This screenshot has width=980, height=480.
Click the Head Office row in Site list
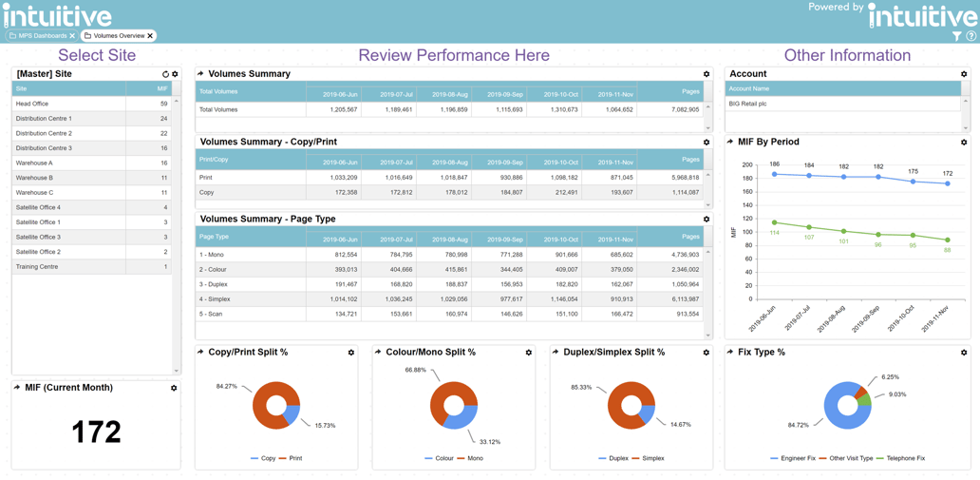tap(32, 104)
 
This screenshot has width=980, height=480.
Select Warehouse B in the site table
tap(34, 178)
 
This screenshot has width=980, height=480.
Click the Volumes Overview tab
tap(119, 36)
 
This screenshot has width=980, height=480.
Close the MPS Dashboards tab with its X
tap(72, 36)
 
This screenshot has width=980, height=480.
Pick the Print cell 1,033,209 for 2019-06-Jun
tap(341, 178)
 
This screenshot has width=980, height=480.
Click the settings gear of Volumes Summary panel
tap(707, 74)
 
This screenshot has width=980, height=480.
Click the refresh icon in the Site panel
tap(165, 74)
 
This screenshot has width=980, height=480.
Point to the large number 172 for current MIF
tap(96, 432)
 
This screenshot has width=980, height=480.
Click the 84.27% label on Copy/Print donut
tap(227, 386)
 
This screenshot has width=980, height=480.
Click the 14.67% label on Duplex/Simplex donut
tap(681, 425)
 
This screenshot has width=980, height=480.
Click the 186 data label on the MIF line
tap(775, 164)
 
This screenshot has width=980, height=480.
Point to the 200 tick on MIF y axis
tap(746, 164)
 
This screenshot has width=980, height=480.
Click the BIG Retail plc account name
tap(748, 104)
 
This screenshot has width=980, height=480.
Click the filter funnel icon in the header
tap(956, 36)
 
